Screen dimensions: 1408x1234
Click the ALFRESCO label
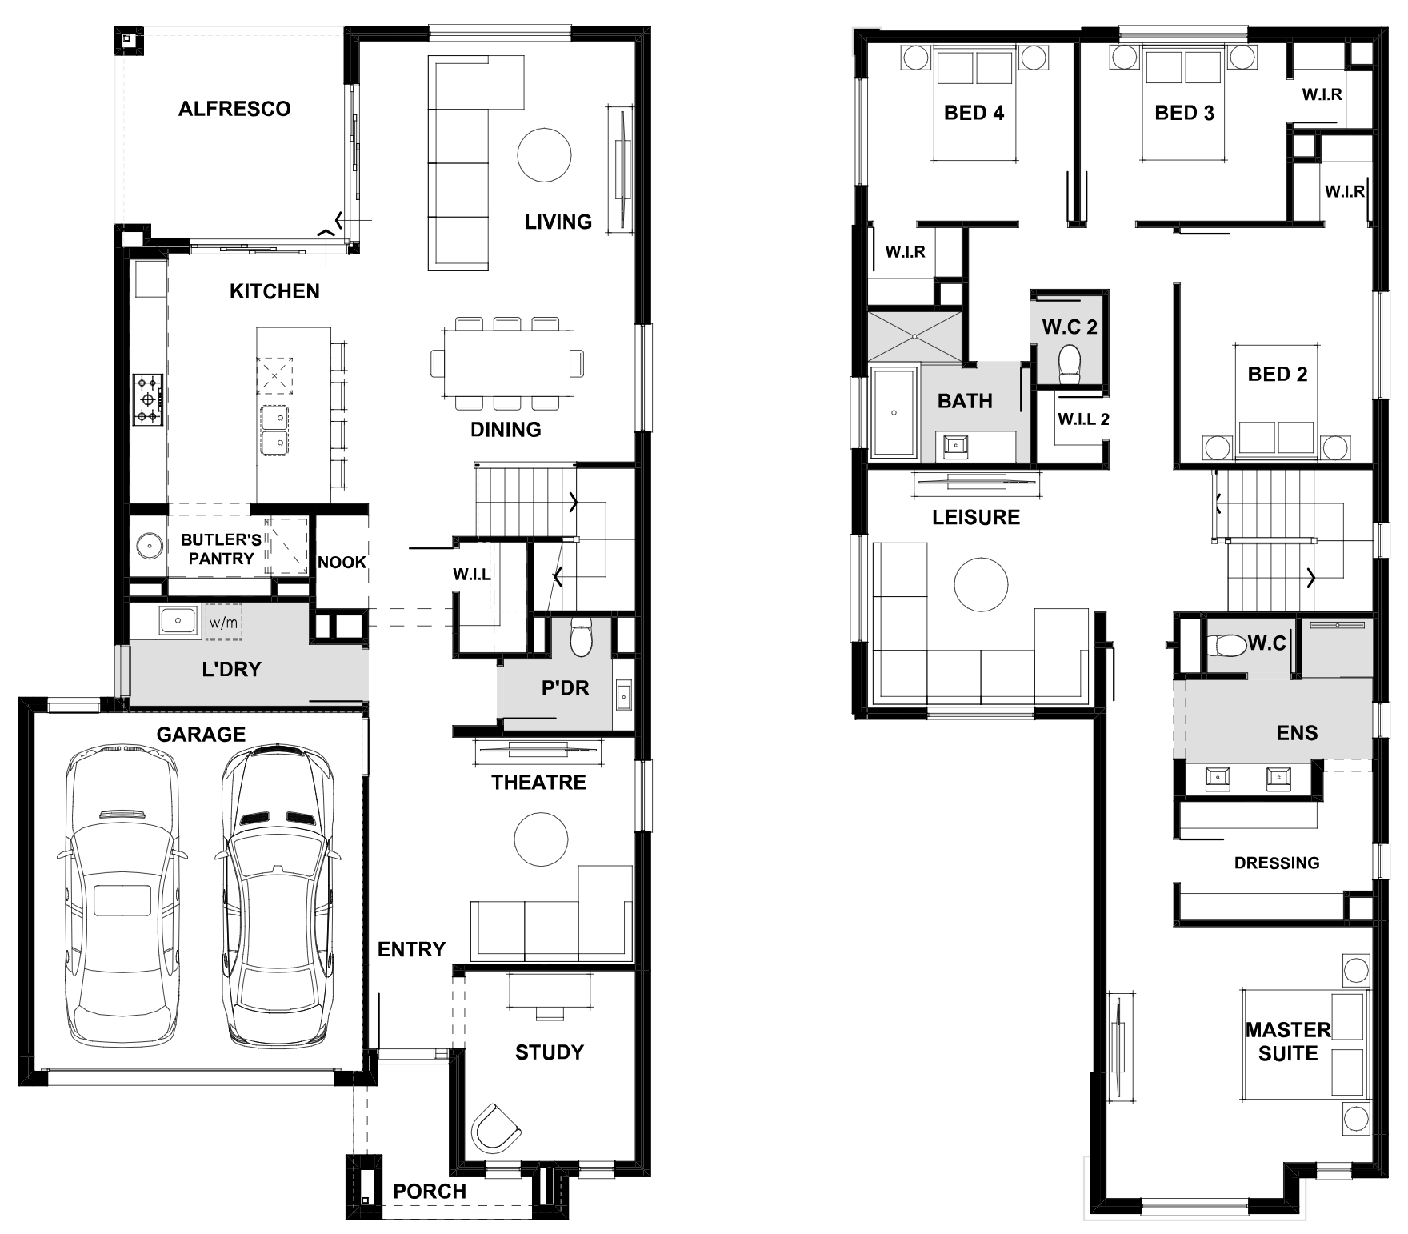[234, 109]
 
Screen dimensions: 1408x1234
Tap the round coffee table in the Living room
[544, 155]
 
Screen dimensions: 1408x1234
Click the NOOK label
[342, 563]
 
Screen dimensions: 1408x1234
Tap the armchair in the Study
[496, 1128]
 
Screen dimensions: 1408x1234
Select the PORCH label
[430, 1192]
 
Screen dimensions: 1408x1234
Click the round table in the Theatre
[541, 839]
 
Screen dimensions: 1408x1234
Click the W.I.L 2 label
[1083, 419]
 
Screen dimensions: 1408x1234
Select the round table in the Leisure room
[981, 585]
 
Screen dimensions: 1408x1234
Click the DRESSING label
[1277, 863]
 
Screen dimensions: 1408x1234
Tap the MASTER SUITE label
[1288, 1041]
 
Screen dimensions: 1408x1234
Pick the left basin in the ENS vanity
[1217, 776]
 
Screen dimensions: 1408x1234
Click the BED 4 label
[974, 113]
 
